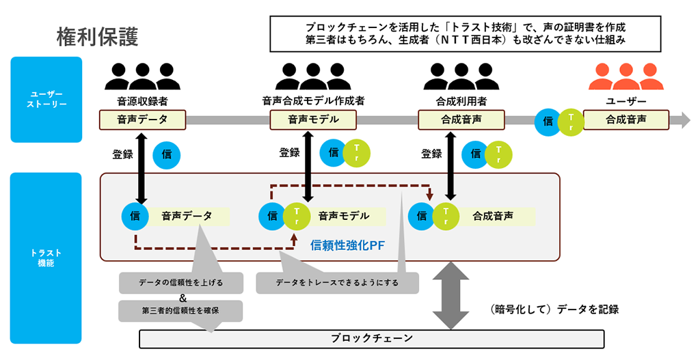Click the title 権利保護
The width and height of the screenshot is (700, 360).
[97, 36]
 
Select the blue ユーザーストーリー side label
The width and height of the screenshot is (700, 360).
[46, 99]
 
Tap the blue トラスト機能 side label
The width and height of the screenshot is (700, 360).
[46, 258]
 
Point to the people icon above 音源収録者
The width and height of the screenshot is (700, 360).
[142, 77]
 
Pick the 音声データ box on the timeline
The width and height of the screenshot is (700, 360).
[142, 120]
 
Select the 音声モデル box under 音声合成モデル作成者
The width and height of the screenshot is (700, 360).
[313, 120]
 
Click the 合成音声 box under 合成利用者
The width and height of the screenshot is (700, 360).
[461, 120]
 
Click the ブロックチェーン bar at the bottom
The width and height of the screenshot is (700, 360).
[372, 339]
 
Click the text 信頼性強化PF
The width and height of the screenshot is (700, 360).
[349, 245]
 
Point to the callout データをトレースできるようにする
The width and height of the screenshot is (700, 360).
[337, 283]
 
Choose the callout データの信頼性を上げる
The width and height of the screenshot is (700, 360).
[180, 283]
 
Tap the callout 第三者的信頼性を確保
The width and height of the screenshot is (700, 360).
[180, 311]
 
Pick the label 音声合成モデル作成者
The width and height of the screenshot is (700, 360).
[313, 101]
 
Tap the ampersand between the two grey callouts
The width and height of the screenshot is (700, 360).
[183, 297]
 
